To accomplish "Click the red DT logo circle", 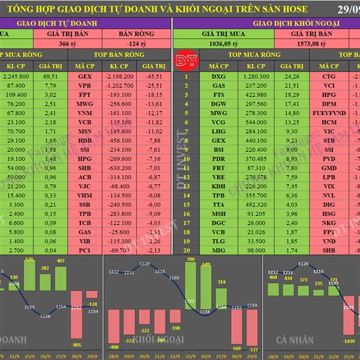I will pos(181,61).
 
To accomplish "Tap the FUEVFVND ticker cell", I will pos(330,112).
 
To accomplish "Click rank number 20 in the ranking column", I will pos(186,250).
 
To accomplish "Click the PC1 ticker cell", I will pos(85,250).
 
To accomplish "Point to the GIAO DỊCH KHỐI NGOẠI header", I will pos(296,23).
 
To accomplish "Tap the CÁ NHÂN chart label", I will pos(295,340).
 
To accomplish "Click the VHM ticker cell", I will pos(85,196).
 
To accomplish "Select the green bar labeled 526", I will pos(29,278).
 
